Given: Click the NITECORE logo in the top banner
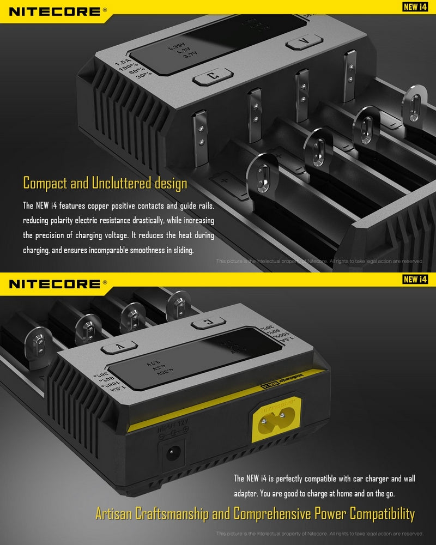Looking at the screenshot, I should click(x=54, y=11).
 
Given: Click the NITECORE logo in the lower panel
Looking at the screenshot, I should click(x=54, y=283).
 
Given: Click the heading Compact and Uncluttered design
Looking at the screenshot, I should click(x=105, y=183).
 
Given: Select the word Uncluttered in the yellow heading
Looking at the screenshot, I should click(x=119, y=183).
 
